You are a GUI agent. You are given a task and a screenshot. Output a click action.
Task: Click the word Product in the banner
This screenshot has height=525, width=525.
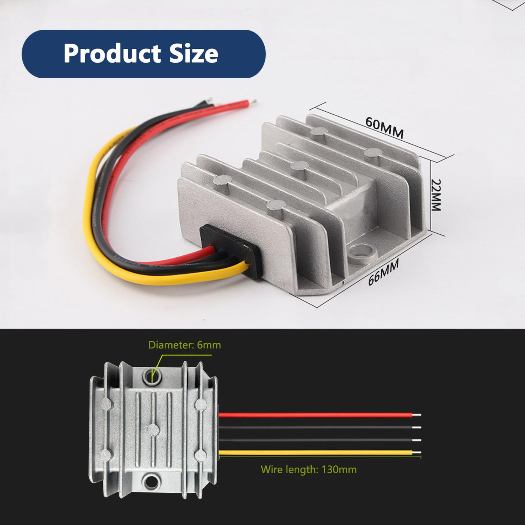[x=112, y=54]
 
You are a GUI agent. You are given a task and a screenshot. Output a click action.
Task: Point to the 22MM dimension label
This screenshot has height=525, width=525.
[x=436, y=195]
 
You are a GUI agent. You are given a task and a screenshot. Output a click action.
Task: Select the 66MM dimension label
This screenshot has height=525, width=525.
[x=384, y=272]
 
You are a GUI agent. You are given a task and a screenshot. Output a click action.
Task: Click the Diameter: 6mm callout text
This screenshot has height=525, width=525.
[x=184, y=345]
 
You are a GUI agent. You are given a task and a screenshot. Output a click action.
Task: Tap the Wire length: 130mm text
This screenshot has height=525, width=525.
[x=309, y=470]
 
